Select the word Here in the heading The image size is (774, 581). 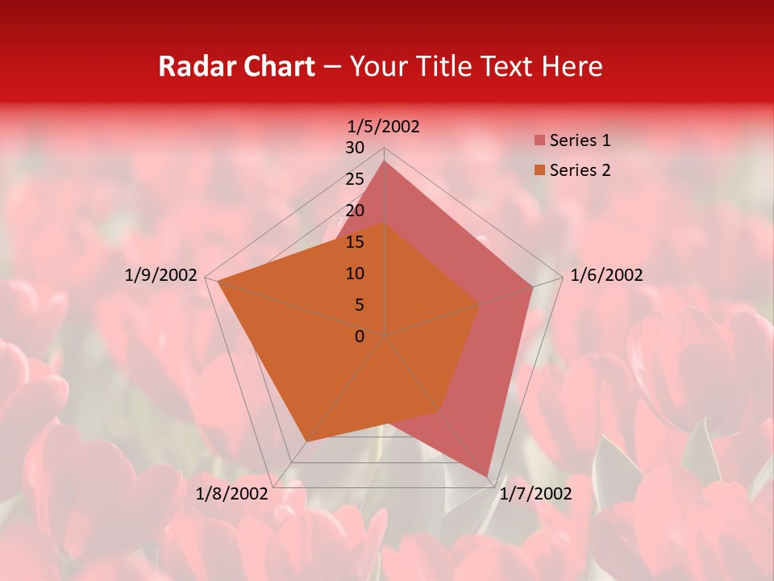572,66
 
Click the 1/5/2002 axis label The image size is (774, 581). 384,126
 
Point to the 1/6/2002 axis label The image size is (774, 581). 606,275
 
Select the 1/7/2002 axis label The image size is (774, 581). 535,493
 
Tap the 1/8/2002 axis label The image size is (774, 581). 231,493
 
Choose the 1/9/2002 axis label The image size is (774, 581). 161,275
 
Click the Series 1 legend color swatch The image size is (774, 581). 539,141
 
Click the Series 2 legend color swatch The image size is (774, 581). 539,170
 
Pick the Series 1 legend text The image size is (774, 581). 580,140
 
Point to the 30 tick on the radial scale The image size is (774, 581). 355,148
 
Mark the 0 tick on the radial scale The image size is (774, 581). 360,336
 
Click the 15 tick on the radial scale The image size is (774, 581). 355,242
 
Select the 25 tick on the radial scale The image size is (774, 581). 355,179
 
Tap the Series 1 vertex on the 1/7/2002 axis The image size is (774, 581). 488,476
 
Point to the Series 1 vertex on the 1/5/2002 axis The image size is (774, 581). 385,161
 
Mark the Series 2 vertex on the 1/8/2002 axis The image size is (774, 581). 306,441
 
